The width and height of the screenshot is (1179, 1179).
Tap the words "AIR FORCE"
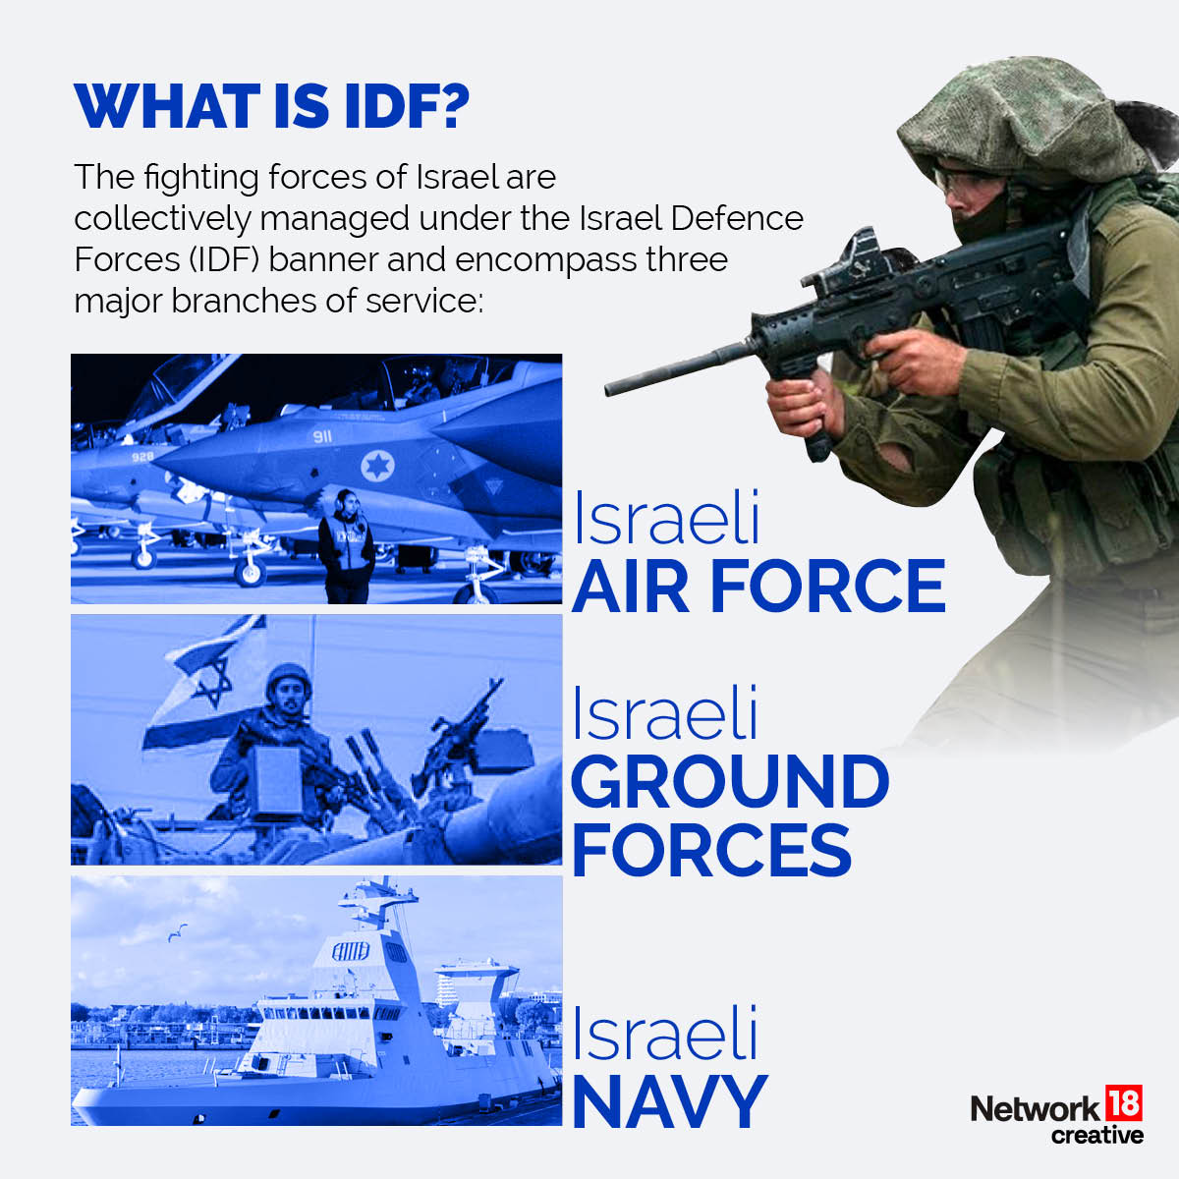point(758,587)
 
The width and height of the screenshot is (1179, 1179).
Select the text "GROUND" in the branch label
point(729,782)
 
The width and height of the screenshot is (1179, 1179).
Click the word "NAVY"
point(668,1102)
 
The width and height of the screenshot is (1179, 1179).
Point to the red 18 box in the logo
point(1124,1103)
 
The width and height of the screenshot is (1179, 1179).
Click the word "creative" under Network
point(1096,1135)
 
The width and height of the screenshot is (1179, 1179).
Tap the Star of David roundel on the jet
point(376,465)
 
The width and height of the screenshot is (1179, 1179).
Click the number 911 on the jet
point(323,435)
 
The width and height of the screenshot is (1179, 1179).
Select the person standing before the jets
point(346,545)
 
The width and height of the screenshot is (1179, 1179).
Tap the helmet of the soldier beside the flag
point(287,676)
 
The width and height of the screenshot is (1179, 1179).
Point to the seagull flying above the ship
point(177,932)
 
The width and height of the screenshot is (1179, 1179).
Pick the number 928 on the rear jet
point(142,456)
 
